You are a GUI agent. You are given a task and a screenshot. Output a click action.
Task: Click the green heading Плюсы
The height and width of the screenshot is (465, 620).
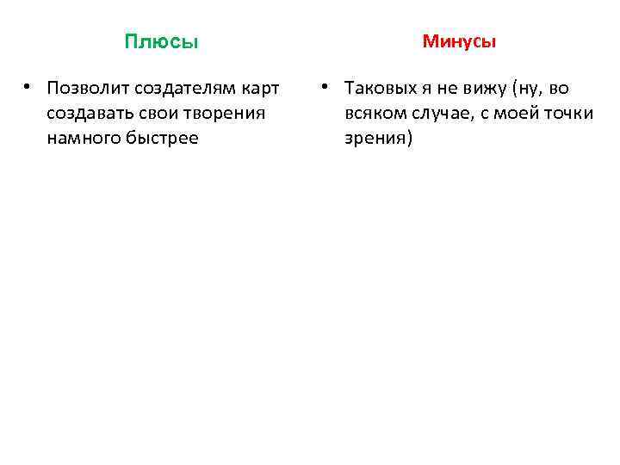pos(161,42)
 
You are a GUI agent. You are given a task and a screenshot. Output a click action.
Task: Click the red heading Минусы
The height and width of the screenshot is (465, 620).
pos(459,41)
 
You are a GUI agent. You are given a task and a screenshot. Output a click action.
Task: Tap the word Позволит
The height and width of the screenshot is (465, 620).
pos(83,90)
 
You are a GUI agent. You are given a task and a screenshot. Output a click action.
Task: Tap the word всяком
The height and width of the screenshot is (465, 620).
pos(375,115)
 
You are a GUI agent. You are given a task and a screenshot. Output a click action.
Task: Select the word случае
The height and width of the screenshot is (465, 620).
pos(442,115)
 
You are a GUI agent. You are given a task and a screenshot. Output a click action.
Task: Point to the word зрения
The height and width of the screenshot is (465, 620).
pos(379,139)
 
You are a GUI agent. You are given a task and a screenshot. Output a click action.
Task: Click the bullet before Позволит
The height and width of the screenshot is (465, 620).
pos(28,88)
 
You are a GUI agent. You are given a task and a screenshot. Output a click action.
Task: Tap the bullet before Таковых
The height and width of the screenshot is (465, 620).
pos(325,88)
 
